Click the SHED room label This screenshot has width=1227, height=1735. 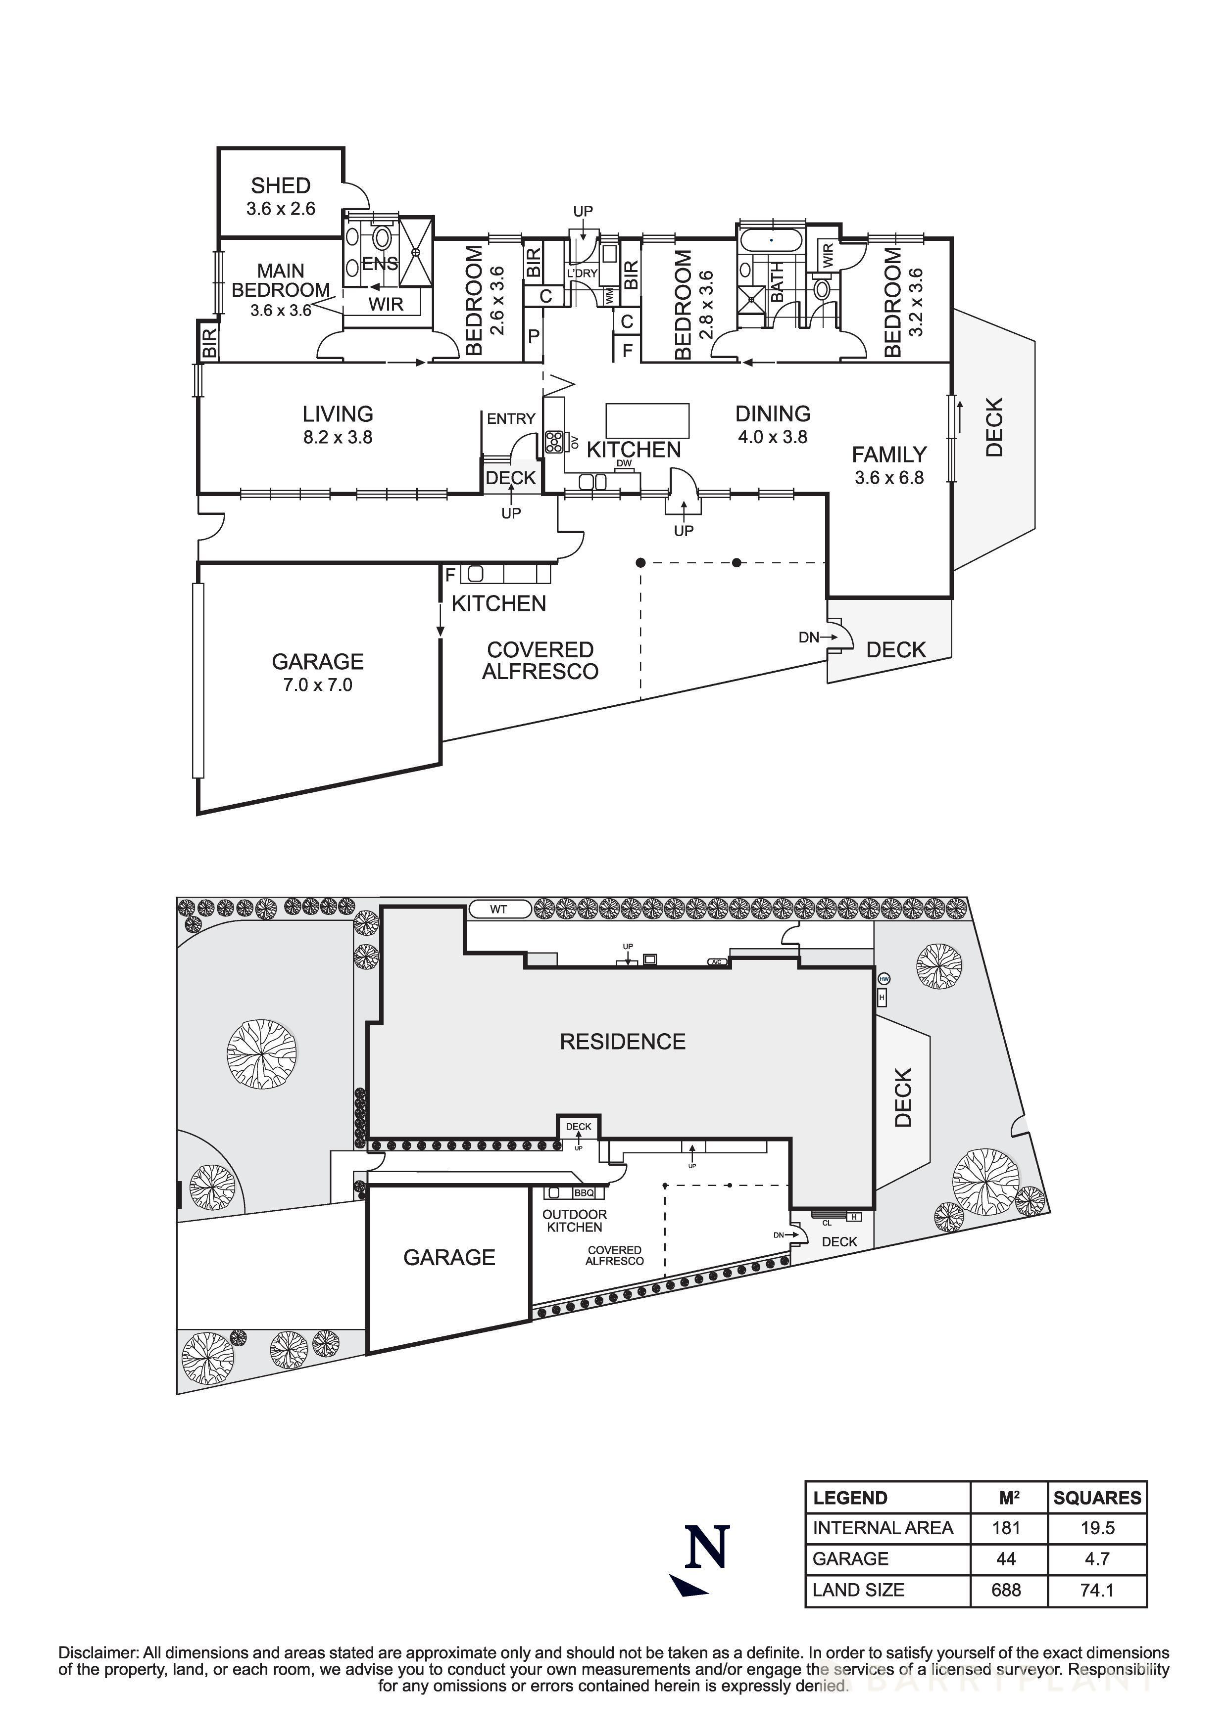(x=281, y=185)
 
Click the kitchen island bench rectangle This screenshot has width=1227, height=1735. (x=647, y=420)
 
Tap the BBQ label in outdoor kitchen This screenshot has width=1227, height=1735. (x=584, y=1193)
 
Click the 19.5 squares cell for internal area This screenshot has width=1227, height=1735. (x=1097, y=1528)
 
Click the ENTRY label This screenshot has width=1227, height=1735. (x=511, y=418)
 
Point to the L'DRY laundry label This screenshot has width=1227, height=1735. (x=582, y=273)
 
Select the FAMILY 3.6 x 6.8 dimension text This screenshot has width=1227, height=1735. (x=889, y=478)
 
